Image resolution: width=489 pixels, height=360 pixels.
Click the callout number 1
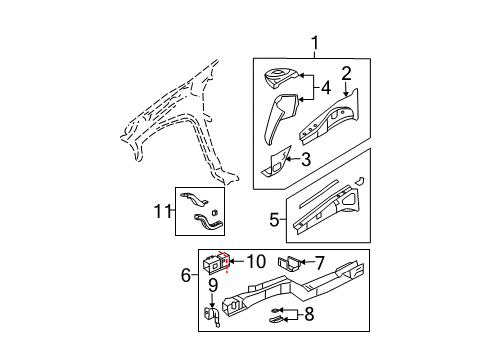317,43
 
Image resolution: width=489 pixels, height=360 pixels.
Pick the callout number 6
185,273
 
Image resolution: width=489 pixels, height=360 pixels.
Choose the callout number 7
320,263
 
